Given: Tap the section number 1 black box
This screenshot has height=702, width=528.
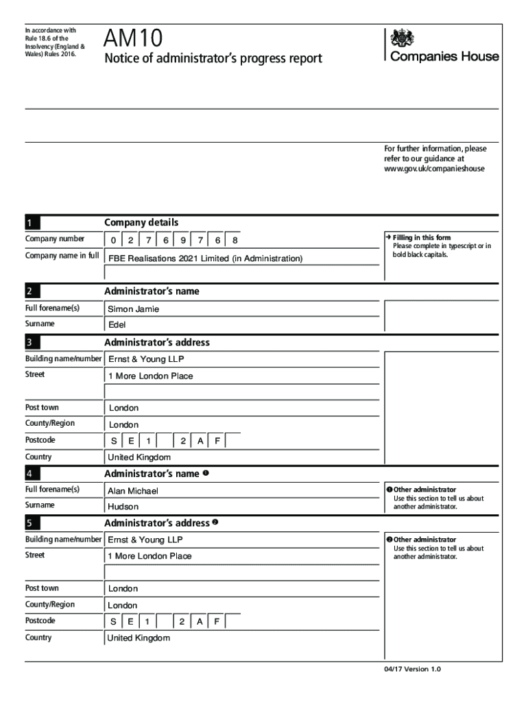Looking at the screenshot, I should [x=32, y=222].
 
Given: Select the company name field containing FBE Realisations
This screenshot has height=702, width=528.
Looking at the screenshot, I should [x=205, y=258].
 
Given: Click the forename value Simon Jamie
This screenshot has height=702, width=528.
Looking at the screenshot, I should [x=134, y=309].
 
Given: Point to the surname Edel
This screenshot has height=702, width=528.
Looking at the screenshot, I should [x=117, y=325].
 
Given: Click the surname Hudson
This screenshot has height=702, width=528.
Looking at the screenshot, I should [x=123, y=507].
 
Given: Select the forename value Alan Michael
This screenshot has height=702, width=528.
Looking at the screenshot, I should [x=133, y=491].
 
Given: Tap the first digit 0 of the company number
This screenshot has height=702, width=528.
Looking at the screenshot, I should [x=113, y=241].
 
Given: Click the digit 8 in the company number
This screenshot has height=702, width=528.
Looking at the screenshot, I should [x=235, y=241].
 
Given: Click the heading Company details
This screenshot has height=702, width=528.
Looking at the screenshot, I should [x=141, y=222].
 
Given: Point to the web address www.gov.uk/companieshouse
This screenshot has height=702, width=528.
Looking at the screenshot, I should [x=434, y=168].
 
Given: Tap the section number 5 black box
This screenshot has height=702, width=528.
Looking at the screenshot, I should [x=32, y=524].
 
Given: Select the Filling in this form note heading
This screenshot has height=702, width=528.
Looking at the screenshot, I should [x=422, y=238].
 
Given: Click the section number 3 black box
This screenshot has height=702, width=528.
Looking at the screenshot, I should [x=32, y=343].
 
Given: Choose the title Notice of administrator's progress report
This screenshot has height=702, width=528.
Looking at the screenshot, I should [x=213, y=59].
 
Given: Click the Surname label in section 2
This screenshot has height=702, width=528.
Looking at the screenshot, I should [x=40, y=324].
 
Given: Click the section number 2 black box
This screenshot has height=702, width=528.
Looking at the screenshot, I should [x=32, y=291].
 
